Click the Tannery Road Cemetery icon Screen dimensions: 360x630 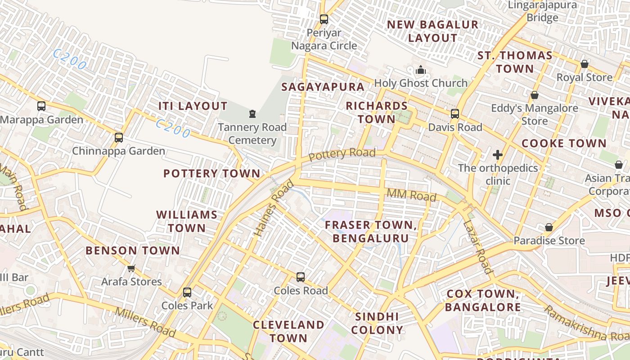coord(252,114)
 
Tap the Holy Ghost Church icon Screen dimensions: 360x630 coord(421,70)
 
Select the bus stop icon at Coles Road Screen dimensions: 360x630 coord(301,277)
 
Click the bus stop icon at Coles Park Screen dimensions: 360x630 coord(187,292)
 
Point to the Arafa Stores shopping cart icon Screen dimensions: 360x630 coord(131,268)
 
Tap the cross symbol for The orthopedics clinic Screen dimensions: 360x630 coord(497,155)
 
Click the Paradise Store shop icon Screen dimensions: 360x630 coord(549,227)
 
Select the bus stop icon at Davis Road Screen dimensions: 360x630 coord(455,114)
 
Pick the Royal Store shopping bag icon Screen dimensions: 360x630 coord(584,64)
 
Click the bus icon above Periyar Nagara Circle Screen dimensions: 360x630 coord(324,19)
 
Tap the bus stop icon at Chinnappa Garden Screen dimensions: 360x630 coord(119,138)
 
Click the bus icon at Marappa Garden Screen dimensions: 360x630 coord(41,106)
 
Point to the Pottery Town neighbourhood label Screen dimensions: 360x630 coord(211,173)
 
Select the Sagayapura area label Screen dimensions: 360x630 coord(323,87)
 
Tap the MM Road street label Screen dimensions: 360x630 coord(411,195)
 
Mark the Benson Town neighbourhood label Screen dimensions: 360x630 coord(133,251)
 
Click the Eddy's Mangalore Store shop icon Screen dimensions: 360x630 coord(535,95)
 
